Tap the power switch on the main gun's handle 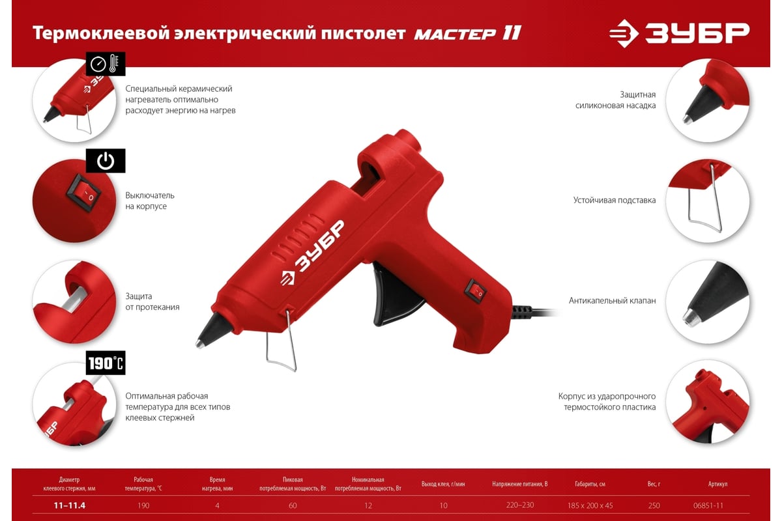point(476,290)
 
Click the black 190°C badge point(106,363)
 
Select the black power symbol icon point(106,161)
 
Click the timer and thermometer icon point(106,64)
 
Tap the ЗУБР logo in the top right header point(679,33)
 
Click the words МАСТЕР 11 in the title point(467,34)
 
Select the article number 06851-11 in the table point(708,505)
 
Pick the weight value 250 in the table point(654,505)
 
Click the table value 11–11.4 point(70,505)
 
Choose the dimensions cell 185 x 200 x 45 point(590,505)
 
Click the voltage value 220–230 point(520,505)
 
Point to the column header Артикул point(717,484)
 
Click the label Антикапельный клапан point(613,300)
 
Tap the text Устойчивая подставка point(615,201)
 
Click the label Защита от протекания point(152,302)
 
